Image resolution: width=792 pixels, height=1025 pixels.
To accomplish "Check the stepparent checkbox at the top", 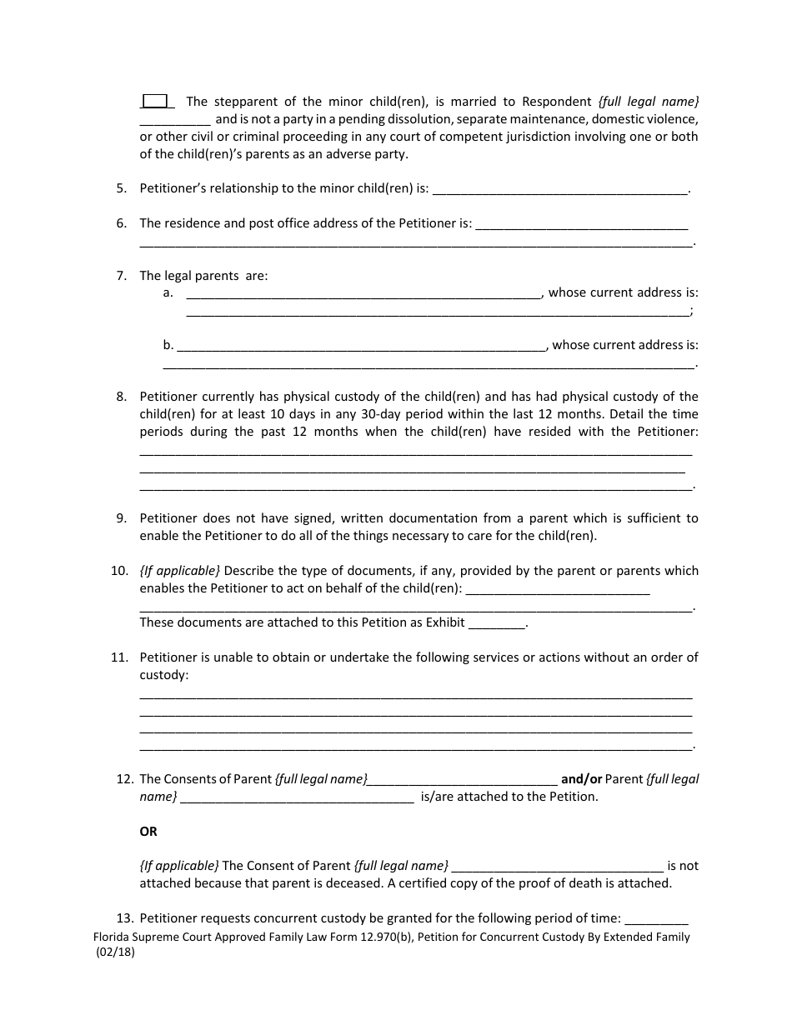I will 156,101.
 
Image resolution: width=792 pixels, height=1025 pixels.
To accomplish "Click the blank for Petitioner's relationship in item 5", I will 560,189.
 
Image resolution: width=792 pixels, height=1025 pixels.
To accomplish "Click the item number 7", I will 122,276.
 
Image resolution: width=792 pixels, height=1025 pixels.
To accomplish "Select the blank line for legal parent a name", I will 363,293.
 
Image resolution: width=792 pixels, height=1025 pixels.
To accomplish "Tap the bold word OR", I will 148,832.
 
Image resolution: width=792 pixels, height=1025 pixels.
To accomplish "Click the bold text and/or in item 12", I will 581,779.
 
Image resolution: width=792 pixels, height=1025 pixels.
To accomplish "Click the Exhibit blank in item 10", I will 498,623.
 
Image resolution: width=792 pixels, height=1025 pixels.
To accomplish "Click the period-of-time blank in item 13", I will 656,919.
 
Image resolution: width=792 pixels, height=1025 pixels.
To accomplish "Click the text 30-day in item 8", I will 406,414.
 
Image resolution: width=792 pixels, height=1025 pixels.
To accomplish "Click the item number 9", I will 122,518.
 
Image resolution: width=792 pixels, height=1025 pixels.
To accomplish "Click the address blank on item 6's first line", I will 581,224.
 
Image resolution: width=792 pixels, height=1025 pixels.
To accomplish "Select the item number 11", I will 119,657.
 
